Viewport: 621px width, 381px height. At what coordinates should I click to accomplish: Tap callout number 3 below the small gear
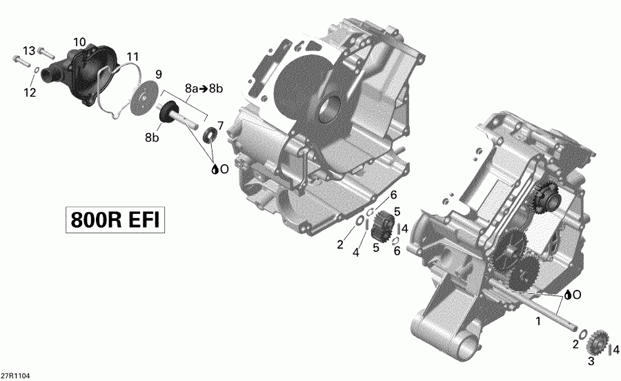pyautogui.click(x=591, y=362)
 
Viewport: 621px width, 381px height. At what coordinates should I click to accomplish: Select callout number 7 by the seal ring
pyautogui.click(x=220, y=125)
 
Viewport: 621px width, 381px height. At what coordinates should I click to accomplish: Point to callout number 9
pyautogui.click(x=158, y=74)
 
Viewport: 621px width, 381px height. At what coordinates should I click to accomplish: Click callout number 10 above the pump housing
pyautogui.click(x=79, y=42)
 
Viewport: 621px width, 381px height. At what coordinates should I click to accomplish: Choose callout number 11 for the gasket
pyautogui.click(x=132, y=56)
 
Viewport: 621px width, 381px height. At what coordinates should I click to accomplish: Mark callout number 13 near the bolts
pyautogui.click(x=28, y=51)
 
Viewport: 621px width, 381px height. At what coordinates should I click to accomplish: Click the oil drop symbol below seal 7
pyautogui.click(x=217, y=168)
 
